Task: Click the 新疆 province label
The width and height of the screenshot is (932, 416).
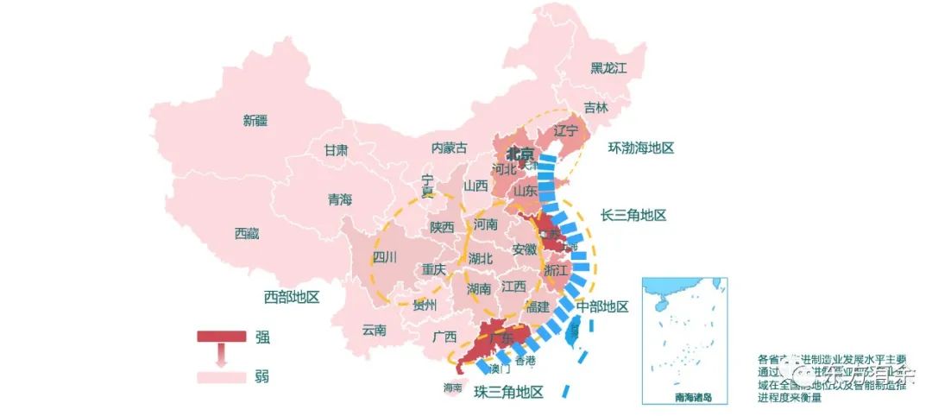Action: pyautogui.click(x=255, y=121)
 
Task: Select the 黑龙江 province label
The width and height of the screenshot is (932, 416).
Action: pyautogui.click(x=608, y=67)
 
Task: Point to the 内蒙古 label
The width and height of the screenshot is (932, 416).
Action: pyautogui.click(x=449, y=148)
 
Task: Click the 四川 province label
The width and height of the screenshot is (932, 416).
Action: pyautogui.click(x=384, y=256)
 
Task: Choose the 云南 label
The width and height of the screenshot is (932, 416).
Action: pyautogui.click(x=375, y=329)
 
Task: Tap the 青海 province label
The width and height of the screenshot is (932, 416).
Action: pyautogui.click(x=340, y=199)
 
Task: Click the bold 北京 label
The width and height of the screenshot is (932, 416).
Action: pyautogui.click(x=520, y=154)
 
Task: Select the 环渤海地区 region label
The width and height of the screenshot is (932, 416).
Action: pyautogui.click(x=640, y=148)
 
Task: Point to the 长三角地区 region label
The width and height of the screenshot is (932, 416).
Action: pyautogui.click(x=633, y=215)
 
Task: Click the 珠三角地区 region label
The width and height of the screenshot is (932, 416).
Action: pyautogui.click(x=509, y=392)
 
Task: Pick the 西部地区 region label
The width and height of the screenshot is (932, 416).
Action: pyautogui.click(x=292, y=297)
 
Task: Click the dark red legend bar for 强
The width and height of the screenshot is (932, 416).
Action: pyautogui.click(x=221, y=337)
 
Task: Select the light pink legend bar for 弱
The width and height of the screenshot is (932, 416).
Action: pyautogui.click(x=221, y=377)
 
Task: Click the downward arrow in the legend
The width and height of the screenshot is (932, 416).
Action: pyautogui.click(x=221, y=356)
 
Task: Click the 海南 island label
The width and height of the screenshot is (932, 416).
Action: pyautogui.click(x=452, y=388)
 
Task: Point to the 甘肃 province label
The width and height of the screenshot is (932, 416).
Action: pyautogui.click(x=336, y=149)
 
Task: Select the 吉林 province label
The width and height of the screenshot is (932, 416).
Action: pyautogui.click(x=595, y=108)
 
